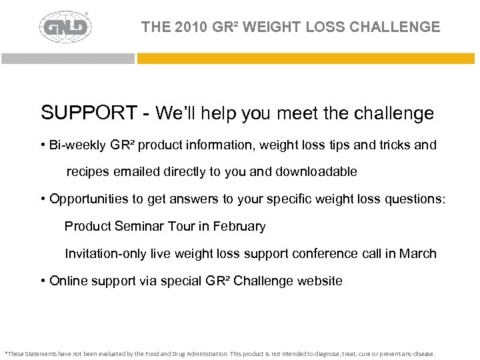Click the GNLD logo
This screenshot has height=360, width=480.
click(65, 27)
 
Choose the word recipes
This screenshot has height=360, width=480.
click(87, 172)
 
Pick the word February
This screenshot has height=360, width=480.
click(239, 226)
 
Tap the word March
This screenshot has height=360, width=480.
click(419, 253)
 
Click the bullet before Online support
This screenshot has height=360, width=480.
click(43, 281)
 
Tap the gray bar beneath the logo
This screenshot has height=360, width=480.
click(67, 58)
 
